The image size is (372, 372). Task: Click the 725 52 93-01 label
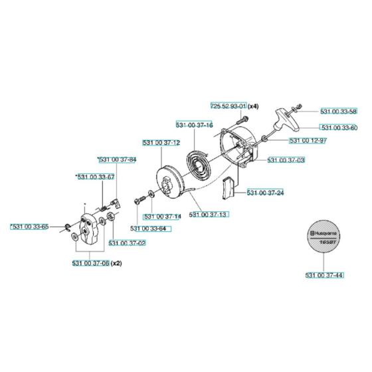click(229, 106)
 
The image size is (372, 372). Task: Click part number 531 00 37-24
click(265, 193)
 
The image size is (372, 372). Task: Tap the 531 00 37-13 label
click(209, 214)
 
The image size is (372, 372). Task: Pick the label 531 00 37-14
click(162, 216)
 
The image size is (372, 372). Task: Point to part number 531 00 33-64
click(149, 229)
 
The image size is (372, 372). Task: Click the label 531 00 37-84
click(116, 159)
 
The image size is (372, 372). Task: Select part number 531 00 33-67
click(96, 177)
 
